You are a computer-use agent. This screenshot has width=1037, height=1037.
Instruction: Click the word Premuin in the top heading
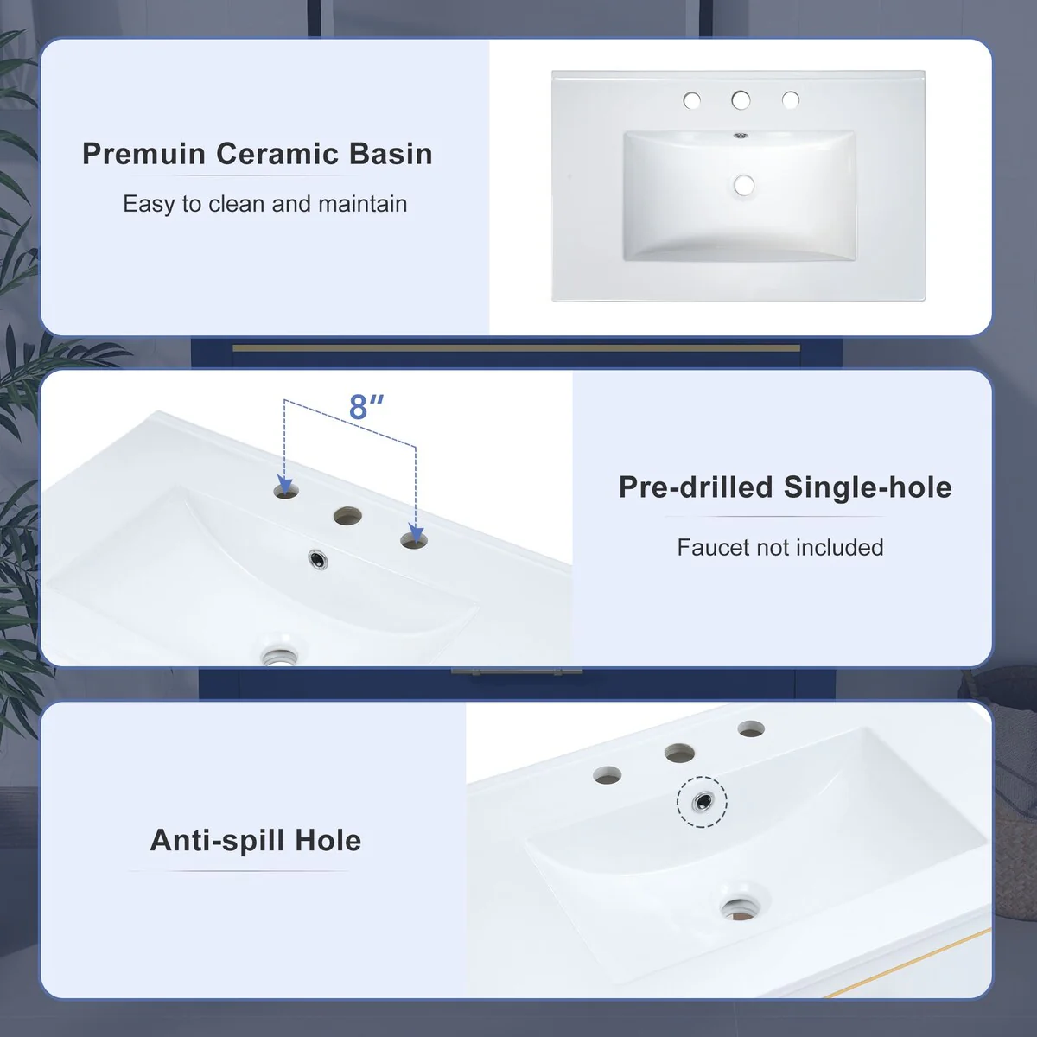(143, 154)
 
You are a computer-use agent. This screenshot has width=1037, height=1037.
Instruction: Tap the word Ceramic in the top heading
(277, 154)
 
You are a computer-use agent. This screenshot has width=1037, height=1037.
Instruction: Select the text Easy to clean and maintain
(264, 204)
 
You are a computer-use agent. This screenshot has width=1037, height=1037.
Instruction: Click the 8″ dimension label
(366, 407)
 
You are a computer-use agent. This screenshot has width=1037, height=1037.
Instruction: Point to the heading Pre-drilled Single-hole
(786, 487)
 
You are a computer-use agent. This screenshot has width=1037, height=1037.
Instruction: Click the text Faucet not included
(780, 547)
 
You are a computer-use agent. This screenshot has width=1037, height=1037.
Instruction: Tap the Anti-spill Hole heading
(256, 840)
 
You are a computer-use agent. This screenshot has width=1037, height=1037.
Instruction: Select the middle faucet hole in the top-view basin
(741, 99)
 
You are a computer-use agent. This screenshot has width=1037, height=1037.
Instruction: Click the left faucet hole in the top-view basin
(692, 100)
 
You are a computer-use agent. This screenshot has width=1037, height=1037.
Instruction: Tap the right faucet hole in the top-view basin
(791, 99)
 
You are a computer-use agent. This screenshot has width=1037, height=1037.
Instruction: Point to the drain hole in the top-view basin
(744, 186)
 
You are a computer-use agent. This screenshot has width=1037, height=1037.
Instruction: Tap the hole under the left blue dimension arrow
(286, 490)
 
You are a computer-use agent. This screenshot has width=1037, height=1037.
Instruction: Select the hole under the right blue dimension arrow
(415, 540)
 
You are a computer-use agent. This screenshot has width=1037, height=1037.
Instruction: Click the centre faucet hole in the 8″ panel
(347, 516)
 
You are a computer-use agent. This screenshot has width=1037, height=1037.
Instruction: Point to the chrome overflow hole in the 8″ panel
(319, 559)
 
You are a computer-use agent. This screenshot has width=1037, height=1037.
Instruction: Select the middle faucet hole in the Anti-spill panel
(679, 753)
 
